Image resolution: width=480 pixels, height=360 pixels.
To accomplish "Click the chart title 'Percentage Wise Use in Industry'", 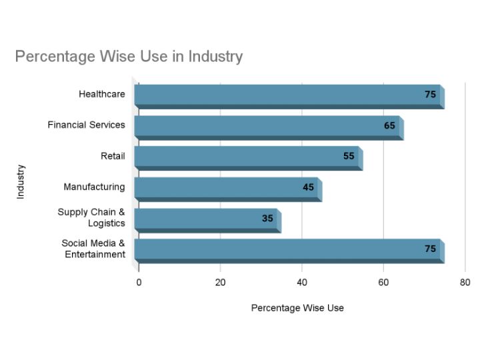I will click(129, 56).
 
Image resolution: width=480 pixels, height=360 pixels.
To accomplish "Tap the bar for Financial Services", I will click(267, 126).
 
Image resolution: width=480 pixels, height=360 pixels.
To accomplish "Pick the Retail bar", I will click(247, 157).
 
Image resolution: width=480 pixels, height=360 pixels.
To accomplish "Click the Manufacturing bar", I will click(227, 188).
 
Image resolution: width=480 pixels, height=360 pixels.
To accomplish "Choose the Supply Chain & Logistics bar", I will click(206, 219).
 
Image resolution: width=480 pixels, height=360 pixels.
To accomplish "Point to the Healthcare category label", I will click(101, 94).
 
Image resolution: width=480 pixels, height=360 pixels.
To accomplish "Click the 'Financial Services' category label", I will click(86, 125).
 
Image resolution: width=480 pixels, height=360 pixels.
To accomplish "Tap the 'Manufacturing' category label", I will click(94, 187).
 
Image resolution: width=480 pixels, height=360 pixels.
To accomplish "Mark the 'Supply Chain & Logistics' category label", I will click(92, 217).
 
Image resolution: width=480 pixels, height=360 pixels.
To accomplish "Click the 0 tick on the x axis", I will click(139, 283).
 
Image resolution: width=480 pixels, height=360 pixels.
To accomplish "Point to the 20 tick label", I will click(220, 283).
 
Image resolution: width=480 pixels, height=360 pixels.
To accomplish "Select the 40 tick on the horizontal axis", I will click(302, 283).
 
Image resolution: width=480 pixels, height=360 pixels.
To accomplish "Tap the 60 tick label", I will click(383, 283).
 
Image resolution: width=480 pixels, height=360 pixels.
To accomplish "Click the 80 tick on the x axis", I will click(465, 283).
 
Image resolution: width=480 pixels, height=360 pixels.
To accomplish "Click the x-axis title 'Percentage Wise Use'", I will click(297, 308).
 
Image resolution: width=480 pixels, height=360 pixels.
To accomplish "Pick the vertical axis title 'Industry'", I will click(21, 181).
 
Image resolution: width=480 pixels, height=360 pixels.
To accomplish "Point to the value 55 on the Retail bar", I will click(349, 157).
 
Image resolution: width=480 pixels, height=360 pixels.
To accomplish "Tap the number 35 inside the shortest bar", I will click(267, 218).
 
